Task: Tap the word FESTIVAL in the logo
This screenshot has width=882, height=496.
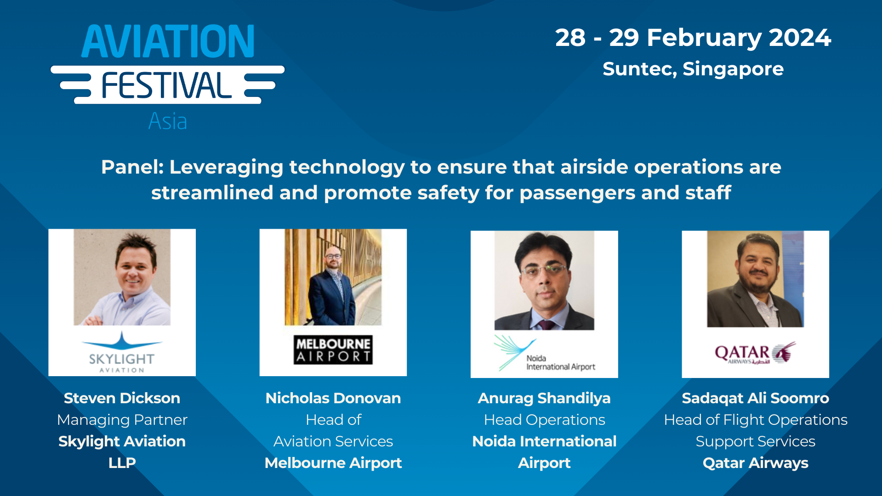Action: tap(166, 85)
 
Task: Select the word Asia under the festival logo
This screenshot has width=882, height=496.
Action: tap(168, 122)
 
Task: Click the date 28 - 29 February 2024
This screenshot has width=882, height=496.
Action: tap(693, 38)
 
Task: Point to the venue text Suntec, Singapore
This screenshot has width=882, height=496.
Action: tap(693, 69)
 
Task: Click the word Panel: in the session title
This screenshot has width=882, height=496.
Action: tap(132, 167)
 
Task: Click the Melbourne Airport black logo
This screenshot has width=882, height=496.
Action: tap(333, 350)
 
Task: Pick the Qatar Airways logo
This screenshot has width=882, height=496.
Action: tap(755, 353)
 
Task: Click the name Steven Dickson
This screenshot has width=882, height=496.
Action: tap(122, 398)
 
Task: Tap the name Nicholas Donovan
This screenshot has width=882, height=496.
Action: tap(333, 398)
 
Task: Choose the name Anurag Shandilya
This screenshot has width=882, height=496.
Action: tap(544, 398)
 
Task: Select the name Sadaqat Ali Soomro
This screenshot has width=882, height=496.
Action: tap(755, 398)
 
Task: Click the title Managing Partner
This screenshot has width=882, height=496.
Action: tap(122, 420)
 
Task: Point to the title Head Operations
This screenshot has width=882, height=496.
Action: tap(544, 420)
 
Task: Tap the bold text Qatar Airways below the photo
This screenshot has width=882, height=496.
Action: tap(755, 463)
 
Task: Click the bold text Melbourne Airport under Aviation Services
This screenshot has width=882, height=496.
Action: tap(333, 463)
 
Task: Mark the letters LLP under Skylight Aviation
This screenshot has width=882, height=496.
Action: tap(122, 463)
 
